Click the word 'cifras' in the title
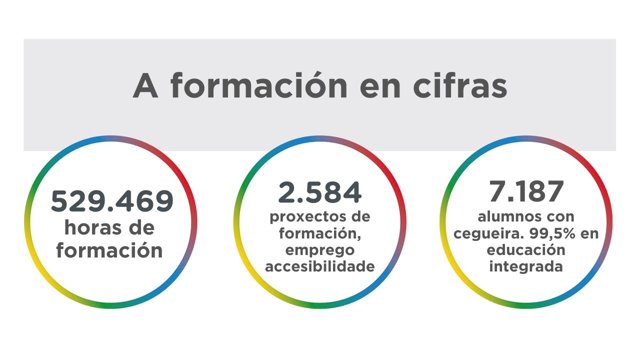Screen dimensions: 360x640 click(x=460, y=86)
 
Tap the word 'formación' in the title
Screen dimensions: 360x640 click(x=259, y=86)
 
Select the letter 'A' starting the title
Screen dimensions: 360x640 click(x=145, y=86)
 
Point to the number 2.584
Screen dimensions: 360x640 click(x=320, y=192)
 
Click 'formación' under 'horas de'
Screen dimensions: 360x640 click(x=109, y=250)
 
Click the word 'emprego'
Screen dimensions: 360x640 click(x=320, y=249)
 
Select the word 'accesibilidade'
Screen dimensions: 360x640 click(x=320, y=266)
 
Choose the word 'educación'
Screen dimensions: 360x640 click(x=526, y=249)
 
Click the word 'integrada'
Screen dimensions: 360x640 click(x=526, y=266)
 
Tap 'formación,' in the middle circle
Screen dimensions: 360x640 click(x=320, y=233)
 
